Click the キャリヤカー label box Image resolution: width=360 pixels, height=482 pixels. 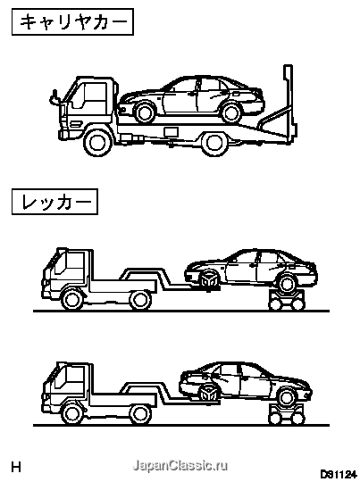[x=72, y=21]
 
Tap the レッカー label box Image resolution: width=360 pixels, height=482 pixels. [x=54, y=202]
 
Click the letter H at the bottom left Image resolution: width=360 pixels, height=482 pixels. [x=16, y=467]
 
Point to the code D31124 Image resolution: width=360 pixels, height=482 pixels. [x=337, y=474]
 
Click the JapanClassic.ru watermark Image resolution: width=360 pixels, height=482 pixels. [x=180, y=465]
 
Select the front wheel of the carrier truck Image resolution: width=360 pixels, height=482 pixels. [x=98, y=142]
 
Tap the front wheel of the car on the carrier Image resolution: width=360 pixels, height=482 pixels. [x=145, y=112]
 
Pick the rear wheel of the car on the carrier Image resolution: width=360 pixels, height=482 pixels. [x=230, y=112]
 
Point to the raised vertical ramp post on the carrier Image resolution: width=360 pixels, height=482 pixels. [x=288, y=102]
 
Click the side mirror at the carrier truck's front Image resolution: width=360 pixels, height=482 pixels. [x=54, y=98]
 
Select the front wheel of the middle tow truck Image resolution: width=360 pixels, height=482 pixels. [x=72, y=299]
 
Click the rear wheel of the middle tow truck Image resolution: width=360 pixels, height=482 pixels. [x=140, y=300]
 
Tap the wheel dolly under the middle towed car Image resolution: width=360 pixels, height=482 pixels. [x=287, y=300]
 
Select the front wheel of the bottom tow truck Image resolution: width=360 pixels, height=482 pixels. [x=72, y=413]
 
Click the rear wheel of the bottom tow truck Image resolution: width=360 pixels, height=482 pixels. [x=140, y=414]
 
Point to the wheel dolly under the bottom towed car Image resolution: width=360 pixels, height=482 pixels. [x=287, y=414]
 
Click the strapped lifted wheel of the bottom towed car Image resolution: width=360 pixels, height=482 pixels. [x=209, y=393]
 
